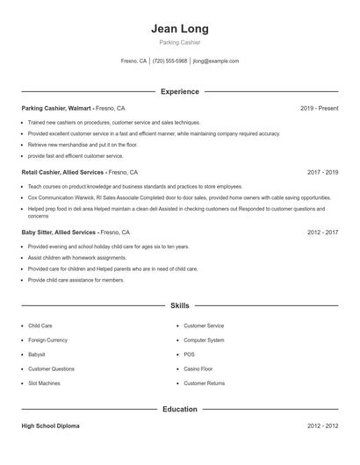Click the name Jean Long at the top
(180, 28)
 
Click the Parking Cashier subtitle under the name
(180, 42)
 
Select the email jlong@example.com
(215, 61)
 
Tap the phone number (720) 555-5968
(170, 61)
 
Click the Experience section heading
(180, 91)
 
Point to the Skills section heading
(180, 306)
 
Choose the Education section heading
(180, 409)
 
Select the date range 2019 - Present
(319, 108)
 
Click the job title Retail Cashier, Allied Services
(62, 173)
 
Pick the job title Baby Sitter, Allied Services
(58, 232)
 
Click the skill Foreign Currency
(48, 340)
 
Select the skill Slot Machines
(45, 383)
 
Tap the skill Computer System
(204, 340)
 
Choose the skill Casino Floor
(198, 368)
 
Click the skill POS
(189, 354)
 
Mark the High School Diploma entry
(50, 426)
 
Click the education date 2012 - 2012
(322, 426)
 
